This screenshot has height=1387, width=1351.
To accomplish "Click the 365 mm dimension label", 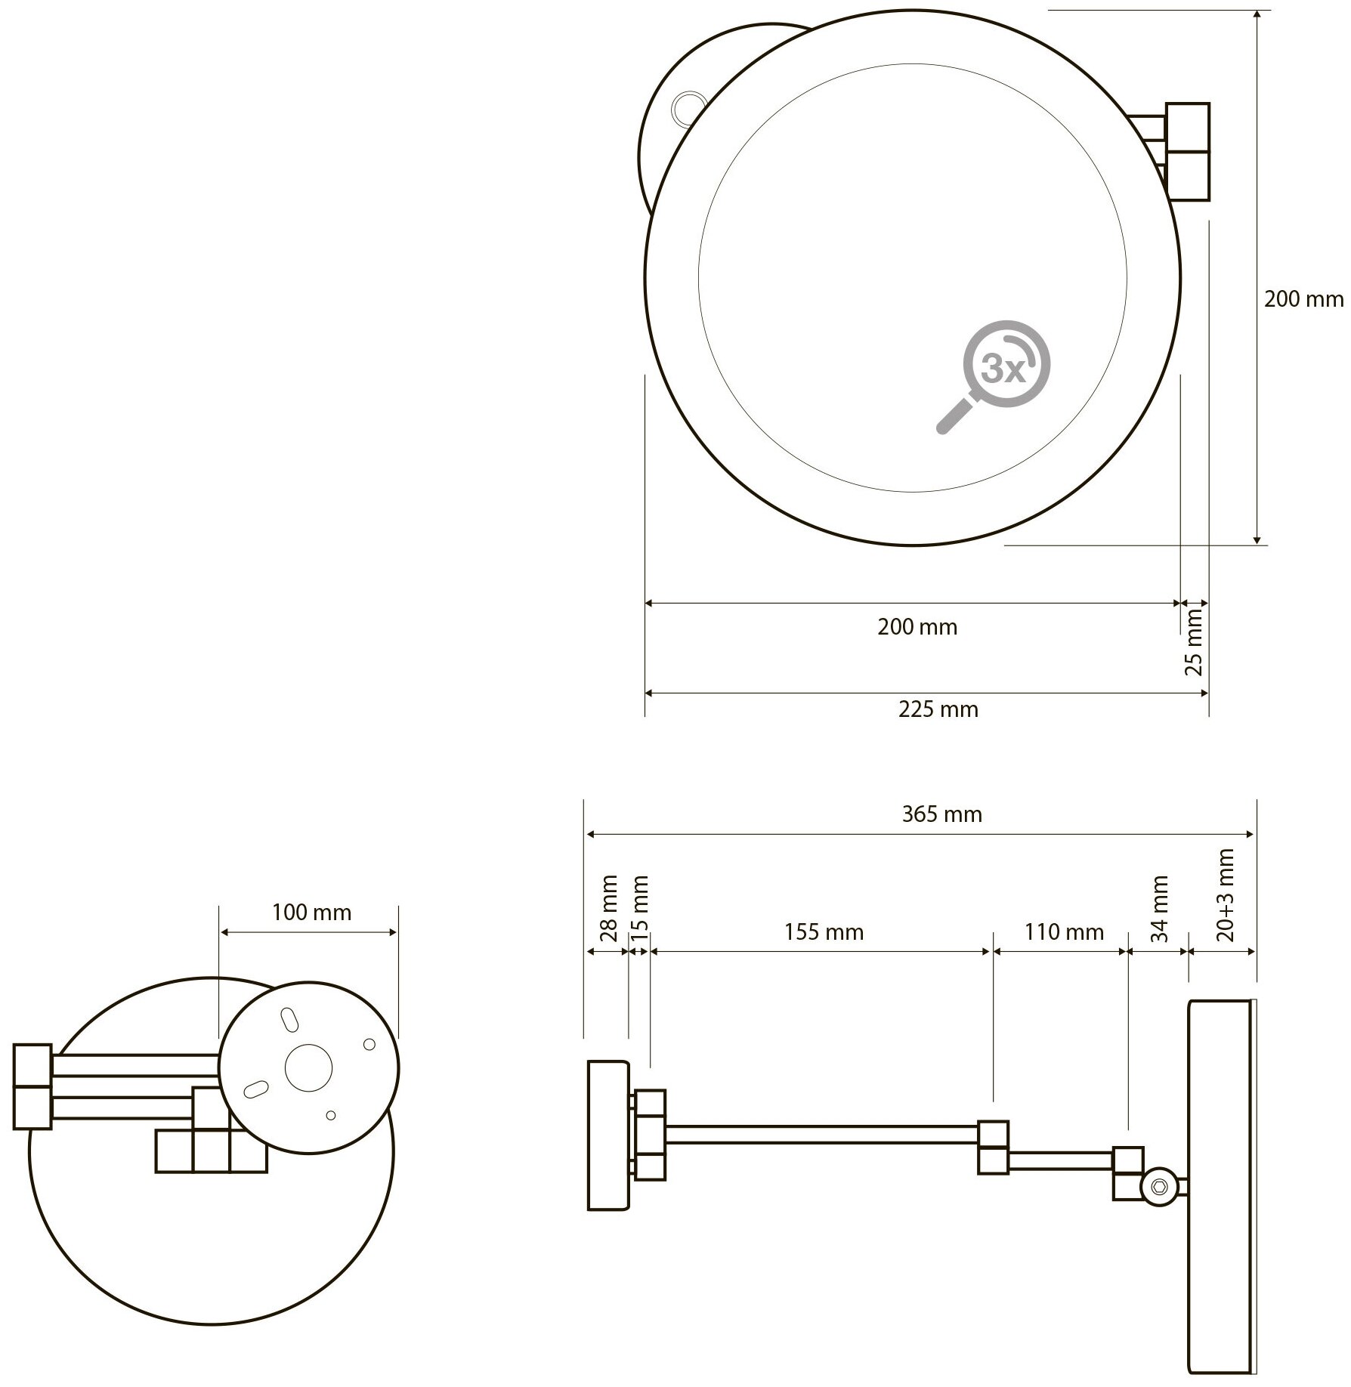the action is [x=941, y=814].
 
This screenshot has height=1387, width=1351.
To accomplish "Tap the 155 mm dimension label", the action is [x=824, y=931].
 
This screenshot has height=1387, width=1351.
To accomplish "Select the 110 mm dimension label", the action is [x=1064, y=931].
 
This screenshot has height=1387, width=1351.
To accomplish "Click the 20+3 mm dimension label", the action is [x=1226, y=894].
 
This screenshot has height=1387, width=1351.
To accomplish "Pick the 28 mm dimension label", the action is [x=609, y=907].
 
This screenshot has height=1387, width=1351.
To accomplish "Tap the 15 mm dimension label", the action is [x=639, y=907].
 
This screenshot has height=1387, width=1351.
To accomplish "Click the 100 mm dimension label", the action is [x=311, y=913].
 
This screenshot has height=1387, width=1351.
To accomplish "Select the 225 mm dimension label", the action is [x=938, y=709].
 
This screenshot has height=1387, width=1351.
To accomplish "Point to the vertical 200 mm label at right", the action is [x=1303, y=299].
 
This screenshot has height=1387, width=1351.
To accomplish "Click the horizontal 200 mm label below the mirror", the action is [x=917, y=627].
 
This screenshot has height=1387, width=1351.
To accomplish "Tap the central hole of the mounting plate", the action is [x=308, y=1067].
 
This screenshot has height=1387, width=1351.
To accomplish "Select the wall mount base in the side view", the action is [x=607, y=1145].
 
